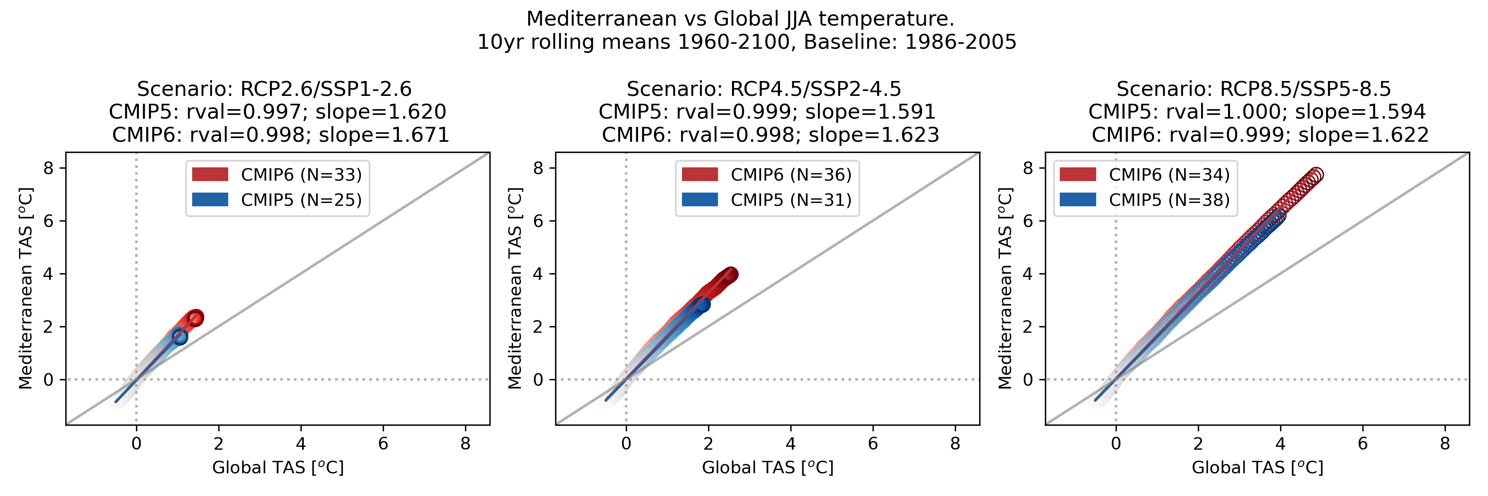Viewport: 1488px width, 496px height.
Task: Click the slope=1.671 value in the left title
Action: point(384,135)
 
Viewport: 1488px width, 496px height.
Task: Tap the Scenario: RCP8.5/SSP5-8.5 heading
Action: point(1254,89)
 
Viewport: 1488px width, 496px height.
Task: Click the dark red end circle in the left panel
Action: point(196,317)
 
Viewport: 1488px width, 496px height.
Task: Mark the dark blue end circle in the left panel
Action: point(180,336)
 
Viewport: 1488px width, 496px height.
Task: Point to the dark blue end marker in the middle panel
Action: point(702,304)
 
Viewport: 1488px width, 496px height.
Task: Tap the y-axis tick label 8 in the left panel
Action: point(48,168)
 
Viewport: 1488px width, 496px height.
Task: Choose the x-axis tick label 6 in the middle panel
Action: point(873,444)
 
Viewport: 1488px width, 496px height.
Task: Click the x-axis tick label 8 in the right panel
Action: point(1445,444)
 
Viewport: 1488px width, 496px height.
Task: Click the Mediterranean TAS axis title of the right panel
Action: point(1006,288)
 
